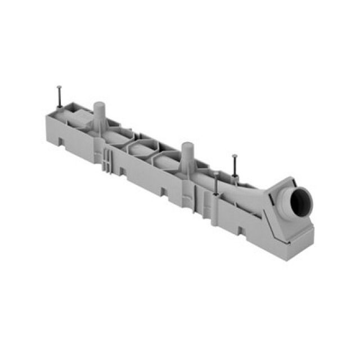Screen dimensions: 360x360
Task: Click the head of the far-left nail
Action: (x=58, y=87)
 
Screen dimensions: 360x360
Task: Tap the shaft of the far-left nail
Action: (x=59, y=96)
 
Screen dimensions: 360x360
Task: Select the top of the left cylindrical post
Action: (x=99, y=105)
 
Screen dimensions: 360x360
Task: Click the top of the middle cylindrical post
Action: (x=187, y=145)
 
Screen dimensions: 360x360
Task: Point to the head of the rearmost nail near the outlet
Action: (x=235, y=156)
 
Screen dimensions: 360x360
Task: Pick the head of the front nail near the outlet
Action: (x=216, y=174)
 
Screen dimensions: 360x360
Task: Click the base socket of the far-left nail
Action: (x=60, y=106)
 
